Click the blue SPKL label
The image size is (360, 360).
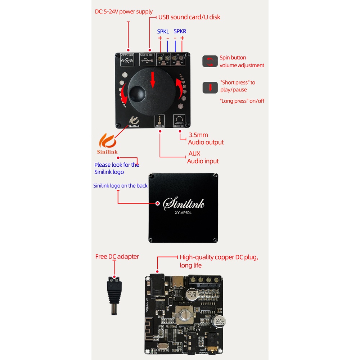pyautogui.click(x=163, y=32)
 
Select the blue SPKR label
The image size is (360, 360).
pyautogui.click(x=180, y=32)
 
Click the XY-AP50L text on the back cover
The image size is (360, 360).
pyautogui.click(x=184, y=213)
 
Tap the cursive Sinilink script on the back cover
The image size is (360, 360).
pyautogui.click(x=184, y=203)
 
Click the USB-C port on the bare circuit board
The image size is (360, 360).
pyautogui.click(x=178, y=281)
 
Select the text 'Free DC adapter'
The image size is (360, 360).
pyautogui.click(x=117, y=257)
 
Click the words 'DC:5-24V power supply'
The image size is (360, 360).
pyautogui.click(x=124, y=12)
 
